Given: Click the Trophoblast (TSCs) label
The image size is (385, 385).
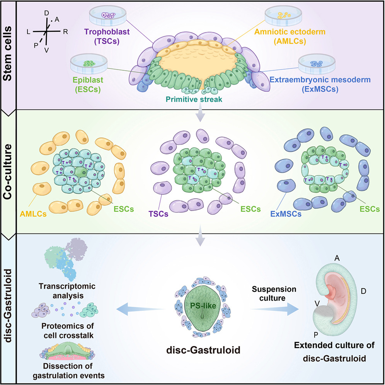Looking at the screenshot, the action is pos(107,36).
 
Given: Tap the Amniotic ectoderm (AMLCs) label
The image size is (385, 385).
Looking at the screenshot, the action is pos(290,36).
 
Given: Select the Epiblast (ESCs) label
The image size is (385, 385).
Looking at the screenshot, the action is pos(88,85).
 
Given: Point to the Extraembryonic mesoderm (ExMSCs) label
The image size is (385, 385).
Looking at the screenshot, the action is pos(320,84).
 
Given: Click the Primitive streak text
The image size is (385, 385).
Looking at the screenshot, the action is pos(194,99).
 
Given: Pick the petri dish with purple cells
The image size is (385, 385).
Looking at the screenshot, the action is pos(108,16).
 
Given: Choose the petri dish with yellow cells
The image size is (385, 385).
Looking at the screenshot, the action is pos(284,16).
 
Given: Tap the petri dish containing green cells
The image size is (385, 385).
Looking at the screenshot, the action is pos(89,64).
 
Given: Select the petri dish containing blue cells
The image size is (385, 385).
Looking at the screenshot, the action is pos(317,64).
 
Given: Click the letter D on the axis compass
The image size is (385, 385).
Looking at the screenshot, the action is pos(47,13).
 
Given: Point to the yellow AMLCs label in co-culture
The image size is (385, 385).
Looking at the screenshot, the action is pos(33,214).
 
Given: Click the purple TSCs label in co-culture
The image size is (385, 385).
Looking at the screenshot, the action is pos(158,214).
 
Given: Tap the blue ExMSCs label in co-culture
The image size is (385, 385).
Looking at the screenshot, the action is pos(286,214).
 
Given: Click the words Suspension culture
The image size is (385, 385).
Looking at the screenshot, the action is pos(274,294).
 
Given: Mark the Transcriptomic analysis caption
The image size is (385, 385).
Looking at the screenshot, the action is pos(67,291).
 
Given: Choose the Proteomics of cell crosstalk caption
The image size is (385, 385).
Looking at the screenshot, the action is pos(68,330).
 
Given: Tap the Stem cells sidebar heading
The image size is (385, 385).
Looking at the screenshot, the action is pos(7,53).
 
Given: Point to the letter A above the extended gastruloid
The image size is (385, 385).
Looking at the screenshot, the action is pos(337,258).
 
